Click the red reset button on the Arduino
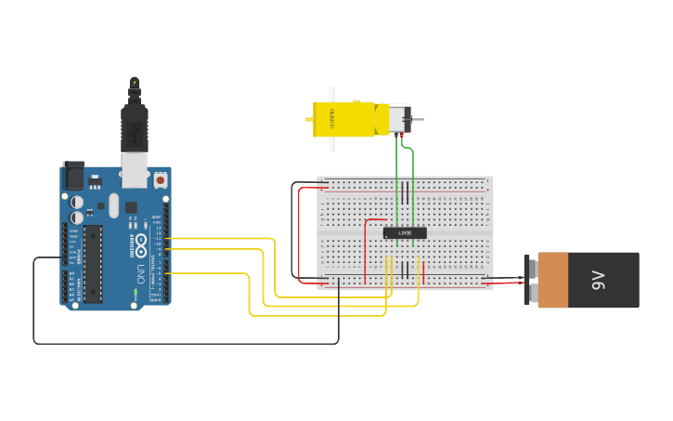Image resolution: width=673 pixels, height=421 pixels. [x=161, y=178]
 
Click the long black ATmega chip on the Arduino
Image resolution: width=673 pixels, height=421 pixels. [x=93, y=263]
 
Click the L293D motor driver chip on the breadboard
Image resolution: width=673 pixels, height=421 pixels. [x=405, y=232]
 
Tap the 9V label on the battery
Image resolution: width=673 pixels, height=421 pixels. [x=599, y=280]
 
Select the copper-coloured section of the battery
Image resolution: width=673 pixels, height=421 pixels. [x=565, y=280]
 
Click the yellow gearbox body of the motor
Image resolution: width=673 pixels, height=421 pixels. [x=349, y=119]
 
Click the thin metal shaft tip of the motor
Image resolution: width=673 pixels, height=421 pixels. [x=421, y=119]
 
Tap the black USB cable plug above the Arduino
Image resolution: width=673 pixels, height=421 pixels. [x=135, y=125]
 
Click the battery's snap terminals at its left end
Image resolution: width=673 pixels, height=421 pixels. [x=530, y=280]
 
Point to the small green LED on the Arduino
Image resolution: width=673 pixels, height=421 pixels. [x=135, y=294]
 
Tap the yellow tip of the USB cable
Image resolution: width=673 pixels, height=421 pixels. [x=135, y=84]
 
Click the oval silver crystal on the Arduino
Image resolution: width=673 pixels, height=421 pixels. [x=113, y=204]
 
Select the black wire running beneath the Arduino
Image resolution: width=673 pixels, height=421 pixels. [x=186, y=343]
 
